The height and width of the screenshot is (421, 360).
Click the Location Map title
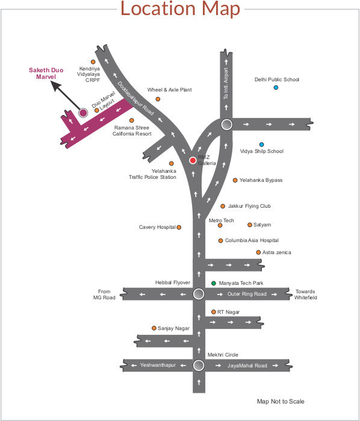point(180,10)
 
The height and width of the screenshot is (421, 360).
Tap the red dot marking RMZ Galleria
point(193,160)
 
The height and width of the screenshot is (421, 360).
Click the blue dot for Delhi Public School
point(276,87)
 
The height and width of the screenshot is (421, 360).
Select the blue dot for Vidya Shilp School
point(261,145)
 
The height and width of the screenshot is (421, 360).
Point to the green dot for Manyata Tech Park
point(213,282)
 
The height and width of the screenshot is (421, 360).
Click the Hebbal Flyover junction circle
point(199,294)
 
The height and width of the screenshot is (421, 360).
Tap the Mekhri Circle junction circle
point(199,365)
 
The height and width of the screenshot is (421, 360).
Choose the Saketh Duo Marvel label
point(45,73)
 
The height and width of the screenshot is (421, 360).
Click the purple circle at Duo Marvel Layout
point(83,113)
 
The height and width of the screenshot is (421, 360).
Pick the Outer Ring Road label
point(247,294)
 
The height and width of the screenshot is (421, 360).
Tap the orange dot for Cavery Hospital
point(179,227)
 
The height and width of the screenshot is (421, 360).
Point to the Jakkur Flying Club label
point(249,206)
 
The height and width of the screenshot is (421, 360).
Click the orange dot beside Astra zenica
point(258,252)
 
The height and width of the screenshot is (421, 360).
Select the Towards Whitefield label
point(305,294)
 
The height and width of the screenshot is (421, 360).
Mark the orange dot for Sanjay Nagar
point(154,328)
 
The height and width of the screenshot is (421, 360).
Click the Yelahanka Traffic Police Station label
point(152,174)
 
